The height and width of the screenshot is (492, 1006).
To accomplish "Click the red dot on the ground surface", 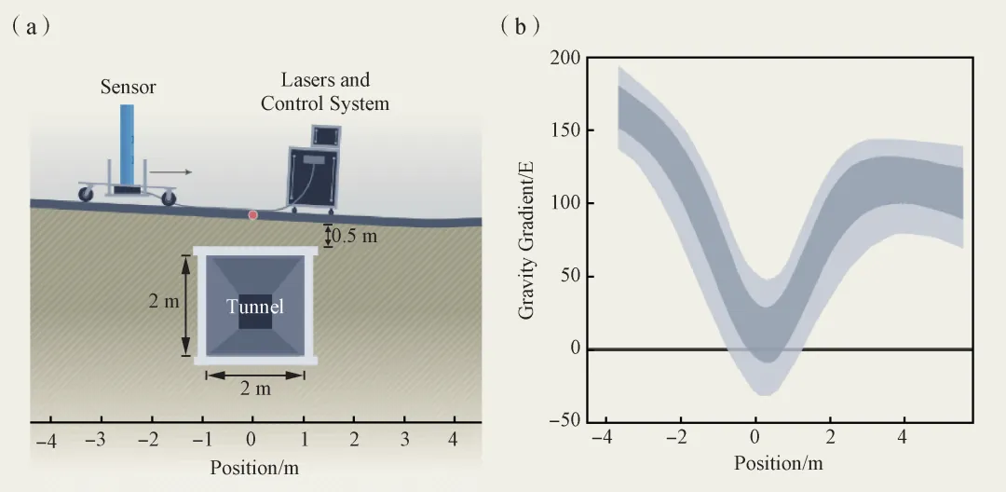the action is click(251, 215).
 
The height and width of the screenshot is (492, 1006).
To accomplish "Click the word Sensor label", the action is click(129, 88).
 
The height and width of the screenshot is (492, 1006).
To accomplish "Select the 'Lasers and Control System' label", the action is click(324, 91).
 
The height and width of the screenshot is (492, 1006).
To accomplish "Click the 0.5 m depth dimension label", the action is click(356, 236).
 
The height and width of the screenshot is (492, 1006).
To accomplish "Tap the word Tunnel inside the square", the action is click(255, 306).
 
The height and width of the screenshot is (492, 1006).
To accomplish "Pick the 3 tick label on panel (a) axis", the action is click(403, 439).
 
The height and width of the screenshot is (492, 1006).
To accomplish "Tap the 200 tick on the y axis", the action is click(565, 58).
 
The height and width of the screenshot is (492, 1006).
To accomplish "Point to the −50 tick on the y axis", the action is click(562, 421).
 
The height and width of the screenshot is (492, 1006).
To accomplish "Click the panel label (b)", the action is click(521, 25).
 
